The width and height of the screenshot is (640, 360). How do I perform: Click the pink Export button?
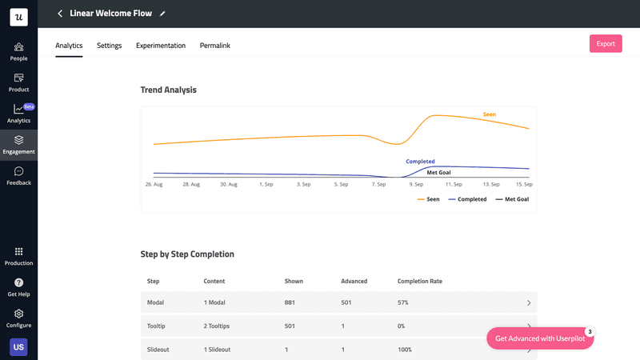coord(606,43)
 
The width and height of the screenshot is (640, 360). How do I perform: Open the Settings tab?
coord(110,46)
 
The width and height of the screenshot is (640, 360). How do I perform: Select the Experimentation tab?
coord(161,46)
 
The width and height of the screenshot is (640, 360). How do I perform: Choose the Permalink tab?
coord(215,46)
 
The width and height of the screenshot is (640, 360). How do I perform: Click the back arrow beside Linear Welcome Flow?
coord(60,14)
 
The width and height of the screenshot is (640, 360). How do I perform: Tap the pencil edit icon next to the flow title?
coord(163,14)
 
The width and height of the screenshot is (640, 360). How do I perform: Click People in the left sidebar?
coord(18,52)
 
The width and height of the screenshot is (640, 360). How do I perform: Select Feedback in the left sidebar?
coord(18,176)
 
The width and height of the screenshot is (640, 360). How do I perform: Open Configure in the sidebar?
coord(18,318)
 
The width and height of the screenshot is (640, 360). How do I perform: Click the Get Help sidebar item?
coord(18,287)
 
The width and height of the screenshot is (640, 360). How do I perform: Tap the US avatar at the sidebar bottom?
coord(18,346)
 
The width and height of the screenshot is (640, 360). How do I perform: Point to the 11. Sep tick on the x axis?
coord(454,184)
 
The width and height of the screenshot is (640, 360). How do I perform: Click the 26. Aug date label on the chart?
coord(154,184)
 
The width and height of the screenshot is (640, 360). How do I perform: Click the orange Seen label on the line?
coord(490,114)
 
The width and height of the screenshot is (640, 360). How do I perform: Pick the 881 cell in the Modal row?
coord(290,303)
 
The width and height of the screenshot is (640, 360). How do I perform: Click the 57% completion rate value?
coord(403,303)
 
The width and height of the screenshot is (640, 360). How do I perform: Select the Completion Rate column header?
coord(420,282)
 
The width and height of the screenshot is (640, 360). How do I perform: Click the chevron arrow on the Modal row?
coord(529,303)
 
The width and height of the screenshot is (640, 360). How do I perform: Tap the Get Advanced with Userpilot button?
coord(540,338)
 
